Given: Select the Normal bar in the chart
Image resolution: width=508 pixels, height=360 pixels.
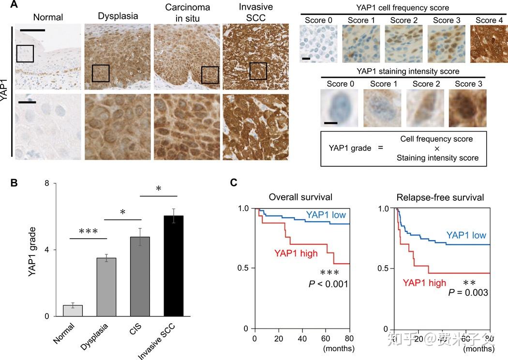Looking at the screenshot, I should tap(73, 311).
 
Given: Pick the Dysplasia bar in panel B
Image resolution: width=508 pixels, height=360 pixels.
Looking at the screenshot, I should tap(106, 287).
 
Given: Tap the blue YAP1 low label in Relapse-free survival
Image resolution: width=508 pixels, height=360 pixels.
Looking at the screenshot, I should tap(466, 235).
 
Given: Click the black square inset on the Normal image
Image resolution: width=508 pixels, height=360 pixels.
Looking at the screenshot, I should tap(25, 53).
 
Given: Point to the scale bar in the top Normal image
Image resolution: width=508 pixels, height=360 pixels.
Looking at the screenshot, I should tap(32, 30).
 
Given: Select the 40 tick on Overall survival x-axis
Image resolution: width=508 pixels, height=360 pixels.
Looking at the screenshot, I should tap(302, 338).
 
